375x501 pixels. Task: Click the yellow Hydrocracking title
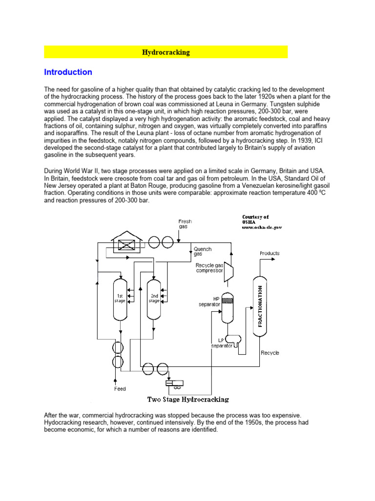coord(166,52)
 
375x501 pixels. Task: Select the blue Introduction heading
coord(68,72)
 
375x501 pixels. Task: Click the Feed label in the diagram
coord(120,388)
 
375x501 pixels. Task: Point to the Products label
coord(270,253)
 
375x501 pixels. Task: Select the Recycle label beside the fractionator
coord(270,352)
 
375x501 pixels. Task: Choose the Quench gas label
coord(203,252)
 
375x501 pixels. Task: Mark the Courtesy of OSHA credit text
coord(262,222)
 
